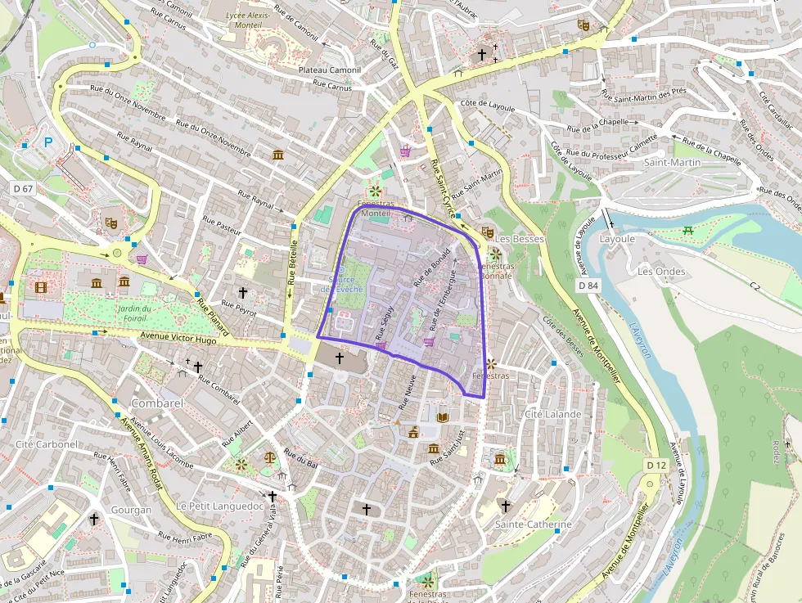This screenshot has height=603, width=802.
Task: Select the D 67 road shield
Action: coord(24,189)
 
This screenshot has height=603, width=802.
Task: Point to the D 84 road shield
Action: coord(588,286)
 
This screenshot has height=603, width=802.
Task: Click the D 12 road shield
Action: coord(656,465)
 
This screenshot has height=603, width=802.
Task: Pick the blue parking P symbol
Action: coord(47,142)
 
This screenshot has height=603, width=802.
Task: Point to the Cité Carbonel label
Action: coord(47,444)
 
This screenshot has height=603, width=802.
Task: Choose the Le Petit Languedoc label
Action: coord(219,506)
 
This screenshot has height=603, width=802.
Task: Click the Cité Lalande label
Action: coord(552,414)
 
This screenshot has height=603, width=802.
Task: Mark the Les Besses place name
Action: coord(520,239)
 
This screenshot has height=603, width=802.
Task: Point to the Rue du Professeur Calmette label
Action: coord(613,147)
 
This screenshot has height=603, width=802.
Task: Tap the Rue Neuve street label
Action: coord(407,391)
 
